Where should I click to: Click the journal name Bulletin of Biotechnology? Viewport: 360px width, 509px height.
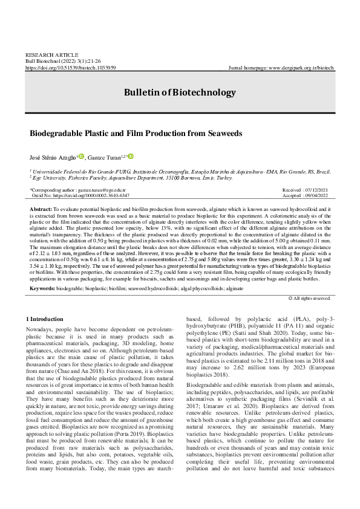pos(180,92)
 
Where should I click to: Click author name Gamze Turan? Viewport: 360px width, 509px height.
pos(105,158)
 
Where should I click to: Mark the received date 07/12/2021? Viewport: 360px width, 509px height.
pos(317,190)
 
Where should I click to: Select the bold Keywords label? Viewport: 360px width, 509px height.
pos(43,289)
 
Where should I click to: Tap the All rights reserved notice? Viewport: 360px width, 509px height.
pos(312,298)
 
